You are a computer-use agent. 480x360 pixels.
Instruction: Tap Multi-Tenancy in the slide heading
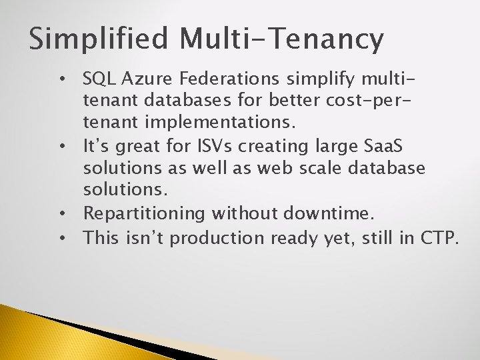281,39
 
